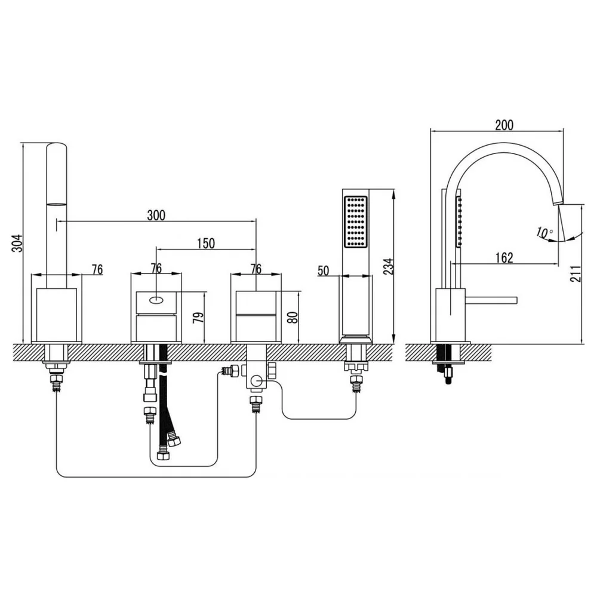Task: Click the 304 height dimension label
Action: click(x=17, y=244)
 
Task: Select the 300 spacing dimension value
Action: click(x=156, y=216)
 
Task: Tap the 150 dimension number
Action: click(x=206, y=244)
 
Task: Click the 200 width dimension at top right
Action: click(x=504, y=125)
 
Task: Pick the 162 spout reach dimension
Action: click(x=504, y=258)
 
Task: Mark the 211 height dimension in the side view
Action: click(x=576, y=274)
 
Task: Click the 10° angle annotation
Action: click(x=544, y=232)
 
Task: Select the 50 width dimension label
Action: click(x=323, y=270)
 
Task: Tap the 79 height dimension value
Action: click(x=199, y=318)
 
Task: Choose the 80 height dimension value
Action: click(x=293, y=318)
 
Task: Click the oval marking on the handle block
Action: click(x=156, y=300)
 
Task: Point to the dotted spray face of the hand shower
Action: click(x=356, y=221)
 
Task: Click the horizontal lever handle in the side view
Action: click(x=491, y=300)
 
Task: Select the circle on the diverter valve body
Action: click(x=256, y=380)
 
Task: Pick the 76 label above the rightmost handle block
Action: click(x=256, y=269)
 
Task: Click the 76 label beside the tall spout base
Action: click(x=97, y=269)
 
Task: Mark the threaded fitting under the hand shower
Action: click(x=356, y=382)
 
